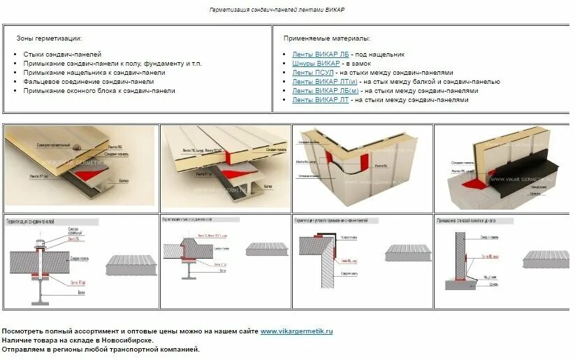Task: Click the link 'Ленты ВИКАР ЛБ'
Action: click(320, 54)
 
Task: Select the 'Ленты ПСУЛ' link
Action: click(313, 72)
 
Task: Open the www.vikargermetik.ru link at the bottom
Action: click(296, 331)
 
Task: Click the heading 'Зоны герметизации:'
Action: click(49, 38)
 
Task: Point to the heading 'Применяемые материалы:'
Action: click(327, 38)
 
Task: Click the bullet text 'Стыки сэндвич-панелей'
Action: click(62, 54)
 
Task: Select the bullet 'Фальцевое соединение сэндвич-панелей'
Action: click(88, 81)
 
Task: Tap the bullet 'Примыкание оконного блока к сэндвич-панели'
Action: click(99, 90)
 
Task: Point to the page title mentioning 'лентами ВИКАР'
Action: click(277, 10)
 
